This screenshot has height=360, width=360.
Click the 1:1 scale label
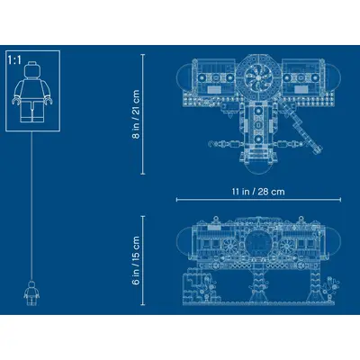[x=14, y=60]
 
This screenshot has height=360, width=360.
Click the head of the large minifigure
[x=32, y=69]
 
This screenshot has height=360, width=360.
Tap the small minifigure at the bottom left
[x=31, y=293]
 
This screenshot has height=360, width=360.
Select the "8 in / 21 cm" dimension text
[x=136, y=114]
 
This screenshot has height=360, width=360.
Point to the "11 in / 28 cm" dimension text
[x=258, y=192]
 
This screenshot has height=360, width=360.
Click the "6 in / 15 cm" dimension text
[x=136, y=260]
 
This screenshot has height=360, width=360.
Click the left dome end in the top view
[x=184, y=76]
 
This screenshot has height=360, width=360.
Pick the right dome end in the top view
[x=334, y=76]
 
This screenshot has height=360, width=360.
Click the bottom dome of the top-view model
[x=258, y=168]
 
